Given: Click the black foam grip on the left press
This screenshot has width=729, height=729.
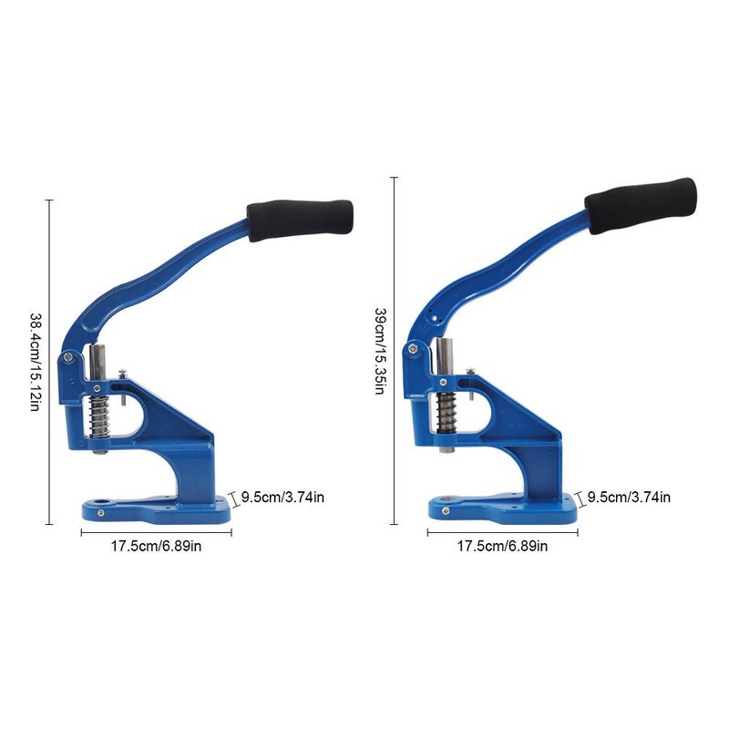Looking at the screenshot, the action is [x=300, y=220].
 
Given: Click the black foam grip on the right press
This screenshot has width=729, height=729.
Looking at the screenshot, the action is [x=641, y=205].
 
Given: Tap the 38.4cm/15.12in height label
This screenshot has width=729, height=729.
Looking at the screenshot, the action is [x=36, y=362].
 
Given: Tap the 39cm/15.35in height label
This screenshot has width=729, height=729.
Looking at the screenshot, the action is [x=380, y=351].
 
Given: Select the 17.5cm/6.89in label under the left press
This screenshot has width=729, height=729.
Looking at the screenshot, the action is [x=156, y=546].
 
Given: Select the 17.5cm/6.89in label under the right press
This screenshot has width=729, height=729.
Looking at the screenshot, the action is [x=502, y=546].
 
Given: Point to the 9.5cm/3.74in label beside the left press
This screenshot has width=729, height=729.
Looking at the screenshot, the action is [x=282, y=498].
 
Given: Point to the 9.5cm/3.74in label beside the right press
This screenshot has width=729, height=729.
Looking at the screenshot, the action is [x=629, y=498].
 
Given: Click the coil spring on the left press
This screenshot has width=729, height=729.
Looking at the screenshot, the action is [x=99, y=418].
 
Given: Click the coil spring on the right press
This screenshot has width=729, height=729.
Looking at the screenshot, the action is [x=447, y=412].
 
